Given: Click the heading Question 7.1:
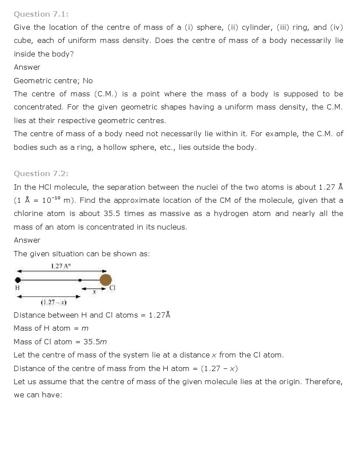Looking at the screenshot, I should pos(41,14).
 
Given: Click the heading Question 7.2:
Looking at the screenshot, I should pos(41,173).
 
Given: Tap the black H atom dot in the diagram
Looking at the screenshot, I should pos(18,280).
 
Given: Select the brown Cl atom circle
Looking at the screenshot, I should pos(106,280).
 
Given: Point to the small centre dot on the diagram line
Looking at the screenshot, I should pos(80,280).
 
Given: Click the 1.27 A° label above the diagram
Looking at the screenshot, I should pos(60,266).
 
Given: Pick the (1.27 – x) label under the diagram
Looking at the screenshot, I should pos(53,302).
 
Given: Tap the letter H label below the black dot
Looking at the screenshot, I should pos(18,288).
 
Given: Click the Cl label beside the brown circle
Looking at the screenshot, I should pos(112,288).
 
